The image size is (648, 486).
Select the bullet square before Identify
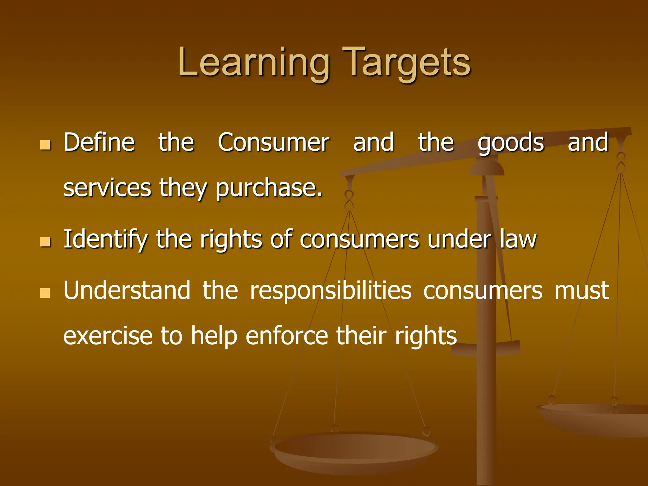pos(45,242)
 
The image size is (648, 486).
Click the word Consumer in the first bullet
pos(273,142)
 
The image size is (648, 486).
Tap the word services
pos(107,188)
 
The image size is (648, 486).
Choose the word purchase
pos(269,188)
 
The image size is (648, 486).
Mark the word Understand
pos(127,290)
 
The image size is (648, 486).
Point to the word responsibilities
pos(331,290)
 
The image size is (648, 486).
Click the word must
pos(582,290)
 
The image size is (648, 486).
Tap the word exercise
pos(108,336)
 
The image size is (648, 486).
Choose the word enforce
pos(287,336)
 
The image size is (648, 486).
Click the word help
pos(214,336)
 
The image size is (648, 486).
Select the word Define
pos(99,142)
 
